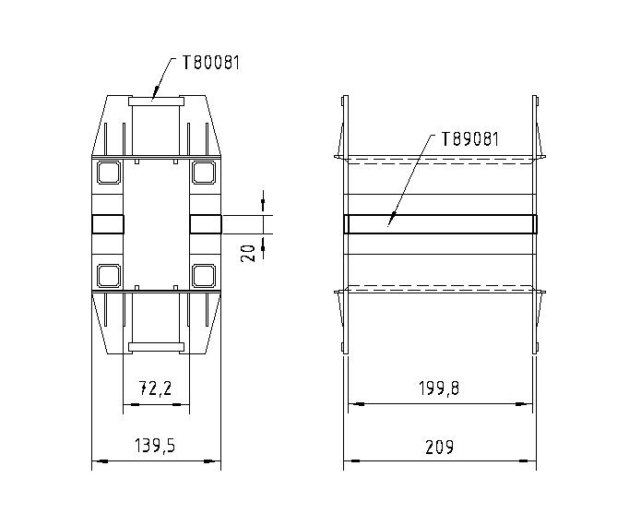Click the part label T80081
(x=212, y=64)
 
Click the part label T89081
(x=470, y=140)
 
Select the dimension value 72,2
(x=156, y=389)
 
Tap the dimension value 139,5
(x=155, y=446)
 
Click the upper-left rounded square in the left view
(x=109, y=172)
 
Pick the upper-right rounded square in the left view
(x=203, y=172)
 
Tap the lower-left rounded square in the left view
(x=109, y=274)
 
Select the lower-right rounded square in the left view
(x=203, y=274)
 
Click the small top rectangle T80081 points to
(x=156, y=99)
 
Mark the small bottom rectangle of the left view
(x=156, y=347)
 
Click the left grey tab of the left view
(x=108, y=223)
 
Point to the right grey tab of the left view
(x=205, y=223)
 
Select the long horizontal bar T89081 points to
(x=440, y=223)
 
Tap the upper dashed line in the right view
(x=440, y=164)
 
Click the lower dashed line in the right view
(x=440, y=284)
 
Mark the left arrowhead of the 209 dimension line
(x=349, y=460)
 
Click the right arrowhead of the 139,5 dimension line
(x=216, y=460)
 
